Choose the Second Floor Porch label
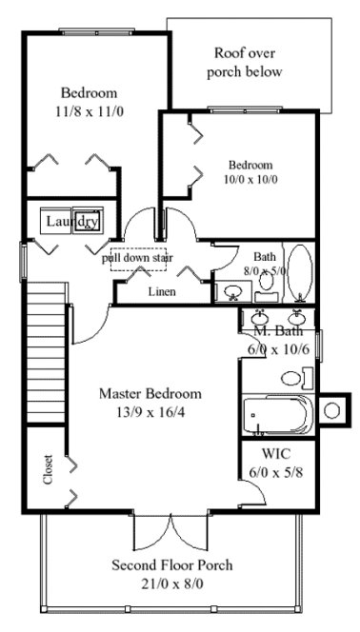172,564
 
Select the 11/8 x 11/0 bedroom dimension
89,110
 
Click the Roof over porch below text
249,62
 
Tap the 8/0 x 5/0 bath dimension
264,271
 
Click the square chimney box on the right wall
333,410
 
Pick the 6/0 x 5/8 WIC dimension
278,471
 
